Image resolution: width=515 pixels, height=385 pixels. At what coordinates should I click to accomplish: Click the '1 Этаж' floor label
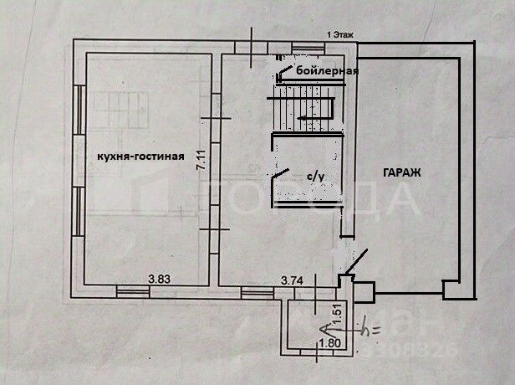pyautogui.click(x=341, y=34)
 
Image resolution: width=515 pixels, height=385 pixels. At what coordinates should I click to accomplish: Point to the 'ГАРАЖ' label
pyautogui.click(x=402, y=172)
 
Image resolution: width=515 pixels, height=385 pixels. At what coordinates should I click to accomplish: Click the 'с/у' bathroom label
pyautogui.click(x=314, y=176)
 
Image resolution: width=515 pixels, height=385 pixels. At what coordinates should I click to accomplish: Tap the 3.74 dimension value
pyautogui.click(x=292, y=280)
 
